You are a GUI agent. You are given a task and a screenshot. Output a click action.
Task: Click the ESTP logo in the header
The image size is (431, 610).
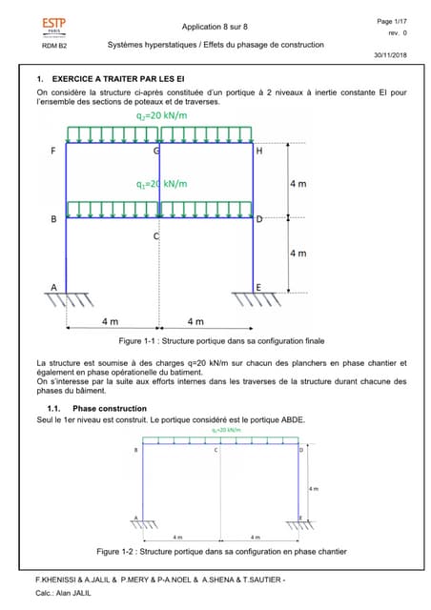click(x=55, y=26)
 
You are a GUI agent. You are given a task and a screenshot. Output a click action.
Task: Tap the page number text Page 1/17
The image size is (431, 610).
click(x=391, y=20)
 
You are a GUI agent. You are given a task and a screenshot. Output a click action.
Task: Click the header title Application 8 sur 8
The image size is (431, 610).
click(x=215, y=27)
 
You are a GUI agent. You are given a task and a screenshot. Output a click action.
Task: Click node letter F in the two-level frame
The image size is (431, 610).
click(x=52, y=151)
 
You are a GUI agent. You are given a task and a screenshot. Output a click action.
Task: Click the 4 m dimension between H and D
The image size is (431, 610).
click(x=298, y=183)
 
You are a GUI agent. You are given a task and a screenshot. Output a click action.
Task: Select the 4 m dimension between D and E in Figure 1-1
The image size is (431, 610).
click(x=298, y=253)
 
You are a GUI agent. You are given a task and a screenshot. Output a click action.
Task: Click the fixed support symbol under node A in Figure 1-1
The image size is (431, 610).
click(x=64, y=299)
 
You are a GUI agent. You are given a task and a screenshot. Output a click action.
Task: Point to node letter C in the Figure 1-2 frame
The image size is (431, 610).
click(x=215, y=449)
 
